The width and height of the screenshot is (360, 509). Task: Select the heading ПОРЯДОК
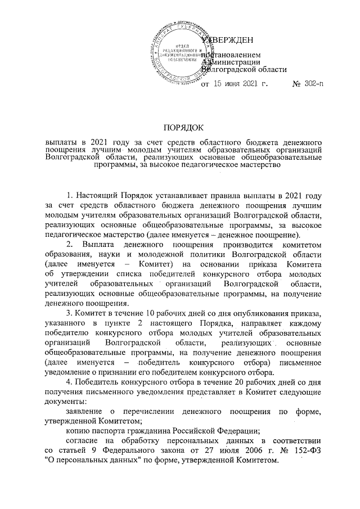point(180,128)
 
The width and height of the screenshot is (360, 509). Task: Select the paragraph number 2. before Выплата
point(69,243)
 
